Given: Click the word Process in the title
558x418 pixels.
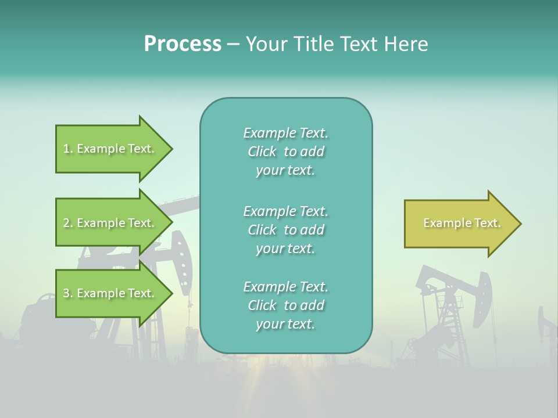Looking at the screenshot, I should [183, 44].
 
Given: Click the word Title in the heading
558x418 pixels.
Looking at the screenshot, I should [314, 44].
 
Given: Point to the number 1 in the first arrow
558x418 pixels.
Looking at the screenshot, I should [66, 149].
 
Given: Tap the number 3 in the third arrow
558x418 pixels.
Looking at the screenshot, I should [66, 294].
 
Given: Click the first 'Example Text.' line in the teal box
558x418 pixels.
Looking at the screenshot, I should [285, 134].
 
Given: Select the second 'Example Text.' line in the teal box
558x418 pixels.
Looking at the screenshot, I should [285, 211].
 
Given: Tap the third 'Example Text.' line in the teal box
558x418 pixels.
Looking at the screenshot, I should [285, 287].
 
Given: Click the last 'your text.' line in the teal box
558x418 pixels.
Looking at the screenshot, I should [285, 325].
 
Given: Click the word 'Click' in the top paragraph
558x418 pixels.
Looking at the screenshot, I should [262, 152].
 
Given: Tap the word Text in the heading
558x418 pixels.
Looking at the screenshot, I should [360, 44].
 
